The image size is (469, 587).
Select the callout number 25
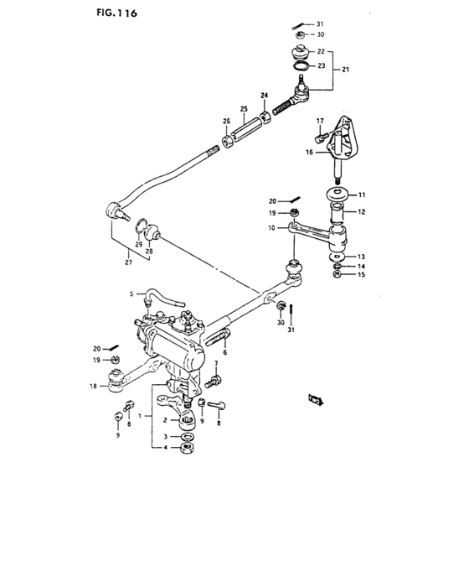tap(245, 110)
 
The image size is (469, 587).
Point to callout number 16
tap(310, 153)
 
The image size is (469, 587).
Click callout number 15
tap(363, 275)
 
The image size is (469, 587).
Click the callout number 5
tap(131, 294)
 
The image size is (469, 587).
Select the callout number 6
tap(225, 353)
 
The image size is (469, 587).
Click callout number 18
tap(93, 387)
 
